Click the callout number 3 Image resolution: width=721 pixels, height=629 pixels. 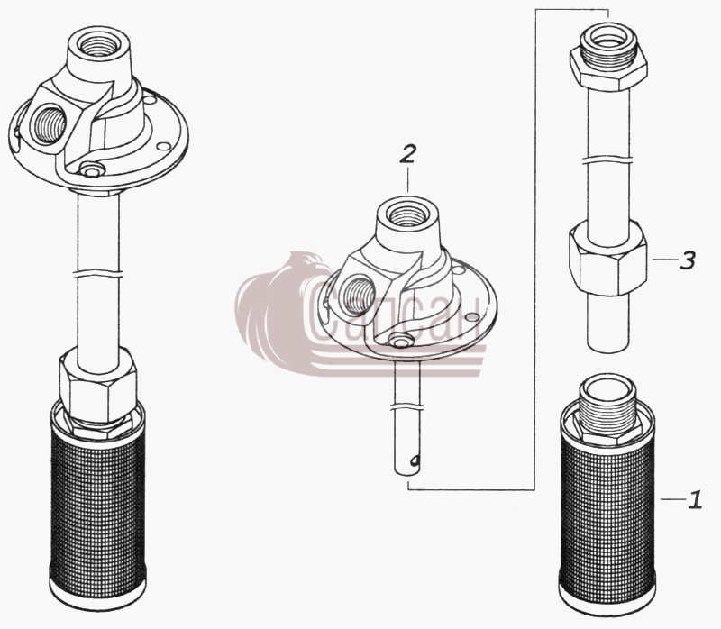tap(687, 260)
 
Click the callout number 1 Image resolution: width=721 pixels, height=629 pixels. tap(695, 499)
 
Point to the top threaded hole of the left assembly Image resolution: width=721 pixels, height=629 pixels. tap(97, 45)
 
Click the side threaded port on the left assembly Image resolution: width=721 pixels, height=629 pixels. tap(48, 124)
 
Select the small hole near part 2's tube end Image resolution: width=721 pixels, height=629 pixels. tap(415, 460)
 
